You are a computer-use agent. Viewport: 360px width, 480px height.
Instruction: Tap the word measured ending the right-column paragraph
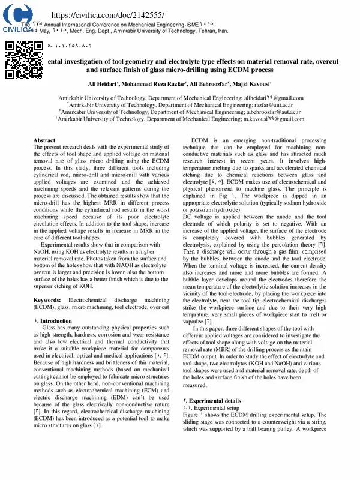(196, 386)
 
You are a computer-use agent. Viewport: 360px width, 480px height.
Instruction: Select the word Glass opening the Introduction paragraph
(50, 328)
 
